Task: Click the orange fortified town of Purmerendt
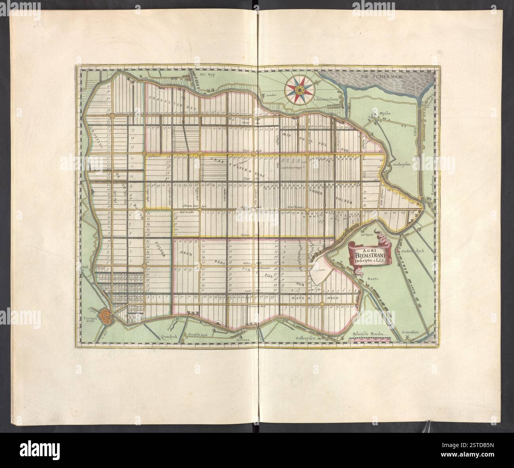(x=106, y=315)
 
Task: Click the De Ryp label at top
(x=206, y=75)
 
